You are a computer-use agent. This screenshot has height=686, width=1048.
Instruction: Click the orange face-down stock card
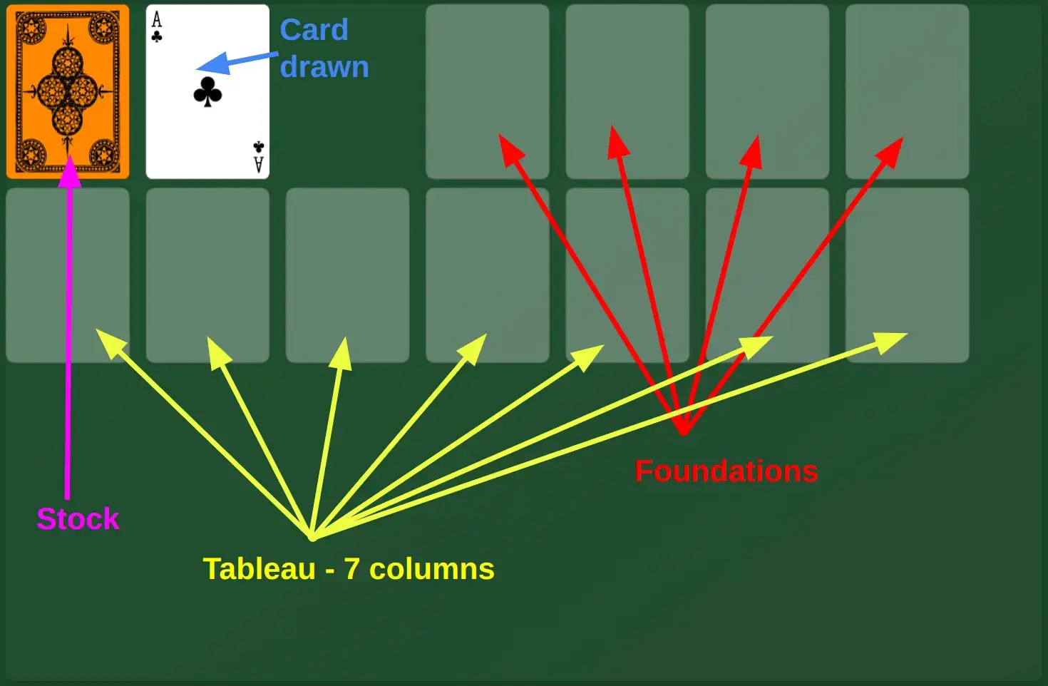[x=68, y=91]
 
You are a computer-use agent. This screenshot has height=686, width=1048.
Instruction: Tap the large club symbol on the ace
[x=207, y=92]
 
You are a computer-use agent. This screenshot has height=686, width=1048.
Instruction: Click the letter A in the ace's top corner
[x=157, y=20]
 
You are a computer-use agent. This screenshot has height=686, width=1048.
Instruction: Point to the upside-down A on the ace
[x=258, y=165]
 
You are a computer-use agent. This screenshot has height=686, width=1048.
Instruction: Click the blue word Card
[x=314, y=30]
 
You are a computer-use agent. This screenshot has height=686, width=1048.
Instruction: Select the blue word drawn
[x=324, y=67]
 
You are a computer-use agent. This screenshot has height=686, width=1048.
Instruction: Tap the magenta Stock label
[x=78, y=519]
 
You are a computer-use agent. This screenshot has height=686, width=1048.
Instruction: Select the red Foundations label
[x=726, y=471]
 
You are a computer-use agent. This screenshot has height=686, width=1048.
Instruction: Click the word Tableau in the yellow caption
[x=259, y=569]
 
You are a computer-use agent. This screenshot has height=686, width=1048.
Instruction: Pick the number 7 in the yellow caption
[x=351, y=569]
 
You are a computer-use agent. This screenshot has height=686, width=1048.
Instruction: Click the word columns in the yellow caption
[x=431, y=569]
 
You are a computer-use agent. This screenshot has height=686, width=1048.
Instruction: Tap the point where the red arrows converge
[x=683, y=431]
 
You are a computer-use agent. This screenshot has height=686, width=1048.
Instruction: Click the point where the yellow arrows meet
[x=312, y=536]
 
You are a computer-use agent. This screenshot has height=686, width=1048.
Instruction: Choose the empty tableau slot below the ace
[x=207, y=275]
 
